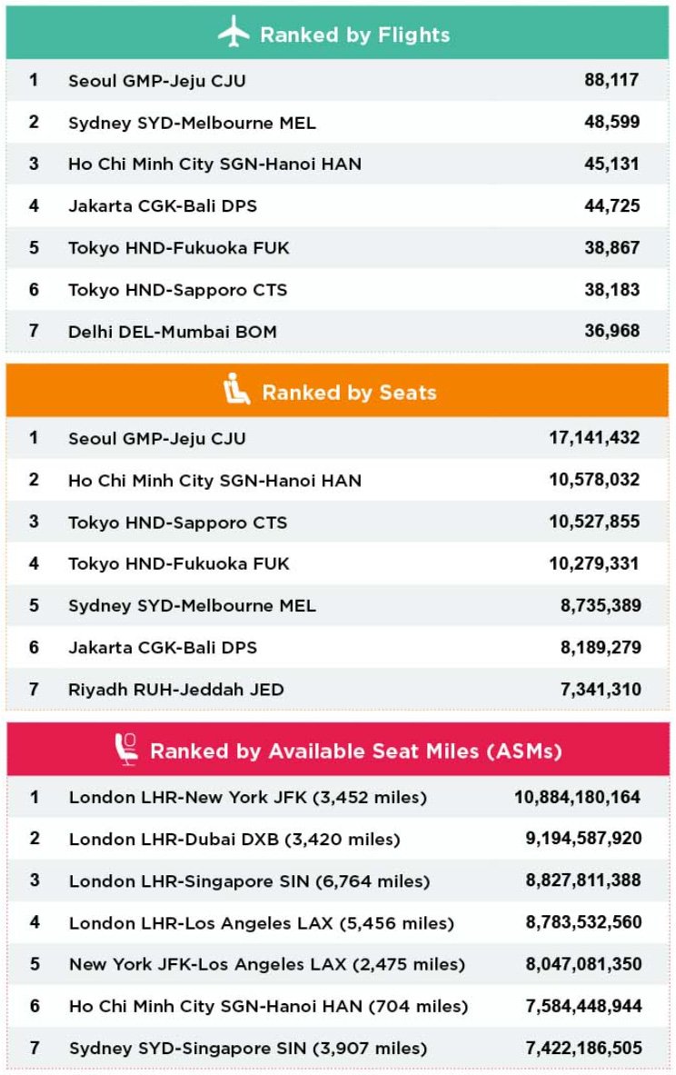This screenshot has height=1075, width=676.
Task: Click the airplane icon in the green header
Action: pyautogui.click(x=234, y=34)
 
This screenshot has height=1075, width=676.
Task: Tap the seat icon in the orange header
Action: pyautogui.click(x=236, y=391)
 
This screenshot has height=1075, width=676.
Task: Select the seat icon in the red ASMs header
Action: pyautogui.click(x=125, y=750)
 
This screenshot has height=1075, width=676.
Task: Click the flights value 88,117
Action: pyautogui.click(x=611, y=80)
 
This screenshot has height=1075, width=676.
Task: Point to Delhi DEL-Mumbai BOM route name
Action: pyautogui.click(x=173, y=332)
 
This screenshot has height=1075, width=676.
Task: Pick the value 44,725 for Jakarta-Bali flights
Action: pyautogui.click(x=611, y=206)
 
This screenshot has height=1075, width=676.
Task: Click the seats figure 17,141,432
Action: pyautogui.click(x=594, y=438)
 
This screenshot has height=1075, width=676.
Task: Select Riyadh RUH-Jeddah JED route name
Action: pyautogui.click(x=176, y=690)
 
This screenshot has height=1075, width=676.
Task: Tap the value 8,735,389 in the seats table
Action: pyautogui.click(x=601, y=605)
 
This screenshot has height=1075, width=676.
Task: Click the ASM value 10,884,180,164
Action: pyautogui.click(x=578, y=797)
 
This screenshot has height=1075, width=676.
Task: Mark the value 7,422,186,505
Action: pyautogui.click(x=583, y=1048)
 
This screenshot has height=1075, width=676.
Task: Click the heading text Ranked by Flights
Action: pyautogui.click(x=354, y=35)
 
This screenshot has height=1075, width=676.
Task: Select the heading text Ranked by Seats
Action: pyautogui.click(x=349, y=393)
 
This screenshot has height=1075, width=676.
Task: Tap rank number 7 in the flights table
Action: pyautogui.click(x=34, y=331)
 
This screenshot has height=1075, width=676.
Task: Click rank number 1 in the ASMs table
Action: pyautogui.click(x=35, y=797)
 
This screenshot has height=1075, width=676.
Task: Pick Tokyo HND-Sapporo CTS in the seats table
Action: pyautogui.click(x=178, y=523)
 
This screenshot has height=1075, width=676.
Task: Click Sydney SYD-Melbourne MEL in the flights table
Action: pyautogui.click(x=193, y=123)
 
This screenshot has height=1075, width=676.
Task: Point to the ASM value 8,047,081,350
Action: pyautogui.click(x=583, y=964)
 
